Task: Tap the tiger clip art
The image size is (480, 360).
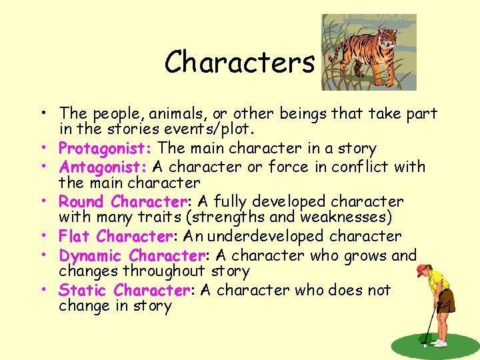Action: [369, 52]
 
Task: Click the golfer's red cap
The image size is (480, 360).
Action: [421, 269]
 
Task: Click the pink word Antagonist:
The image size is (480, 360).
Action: [104, 166]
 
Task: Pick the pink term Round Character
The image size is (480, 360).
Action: [120, 201]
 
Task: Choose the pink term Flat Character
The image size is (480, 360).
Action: [115, 236]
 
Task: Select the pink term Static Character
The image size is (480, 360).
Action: [124, 290]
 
